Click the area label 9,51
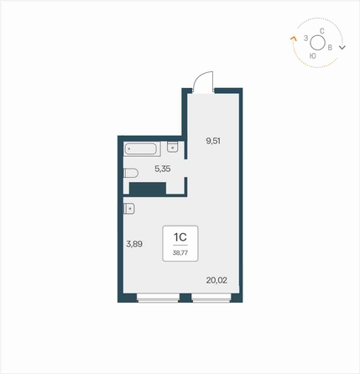tap(213, 141)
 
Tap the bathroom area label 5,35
tap(163, 169)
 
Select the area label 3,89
tap(134, 244)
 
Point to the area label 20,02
tap(217, 280)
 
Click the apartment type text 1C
tap(180, 237)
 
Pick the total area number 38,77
tap(180, 253)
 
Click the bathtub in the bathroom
tap(141, 149)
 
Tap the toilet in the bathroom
tap(131, 173)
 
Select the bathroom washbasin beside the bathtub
tap(173, 147)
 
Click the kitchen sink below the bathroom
tap(129, 209)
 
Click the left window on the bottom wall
tap(158, 298)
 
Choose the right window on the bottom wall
tap(211, 298)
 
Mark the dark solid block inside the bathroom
tap(148, 188)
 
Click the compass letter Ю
tap(313, 56)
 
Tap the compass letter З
tap(306, 39)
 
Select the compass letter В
tap(330, 48)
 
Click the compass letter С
tap(322, 31)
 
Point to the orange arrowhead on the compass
tap(293, 39)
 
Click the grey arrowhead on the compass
tap(342, 47)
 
